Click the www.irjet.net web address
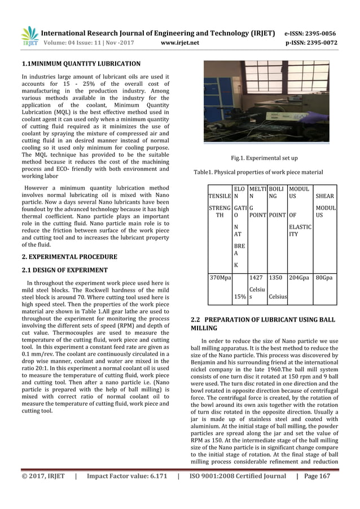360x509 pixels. pos(179,42)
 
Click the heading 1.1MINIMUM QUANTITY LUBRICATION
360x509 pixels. pos(81,64)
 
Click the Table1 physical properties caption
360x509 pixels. pos(258,172)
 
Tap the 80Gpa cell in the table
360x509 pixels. pos(324,278)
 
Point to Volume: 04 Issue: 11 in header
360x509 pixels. pos(82,42)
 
